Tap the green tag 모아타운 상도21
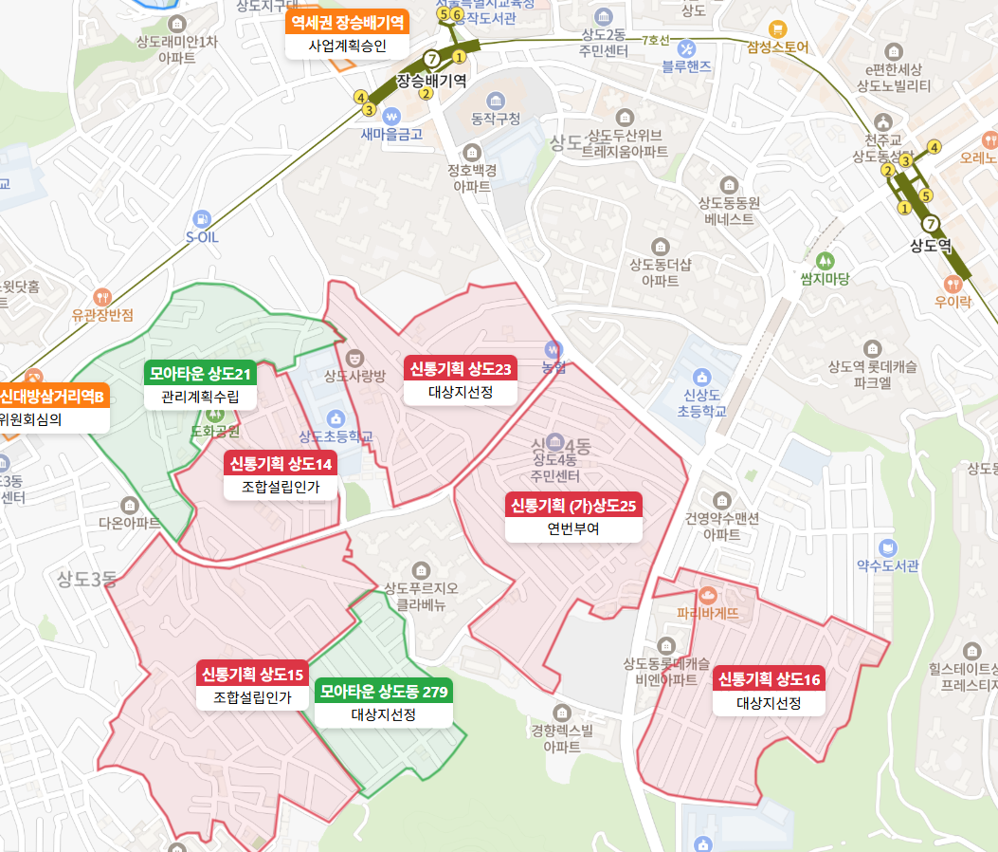199,374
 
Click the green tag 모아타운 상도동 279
384,692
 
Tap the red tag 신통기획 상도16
769,679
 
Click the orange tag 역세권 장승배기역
347,21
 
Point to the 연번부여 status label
572,528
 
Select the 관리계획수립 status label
199,398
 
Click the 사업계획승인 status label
347,45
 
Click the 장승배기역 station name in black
431,81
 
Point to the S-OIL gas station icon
201,217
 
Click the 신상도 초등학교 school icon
701,377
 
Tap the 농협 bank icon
553,349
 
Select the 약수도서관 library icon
887,547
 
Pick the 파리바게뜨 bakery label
707,613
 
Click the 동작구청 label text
496,119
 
